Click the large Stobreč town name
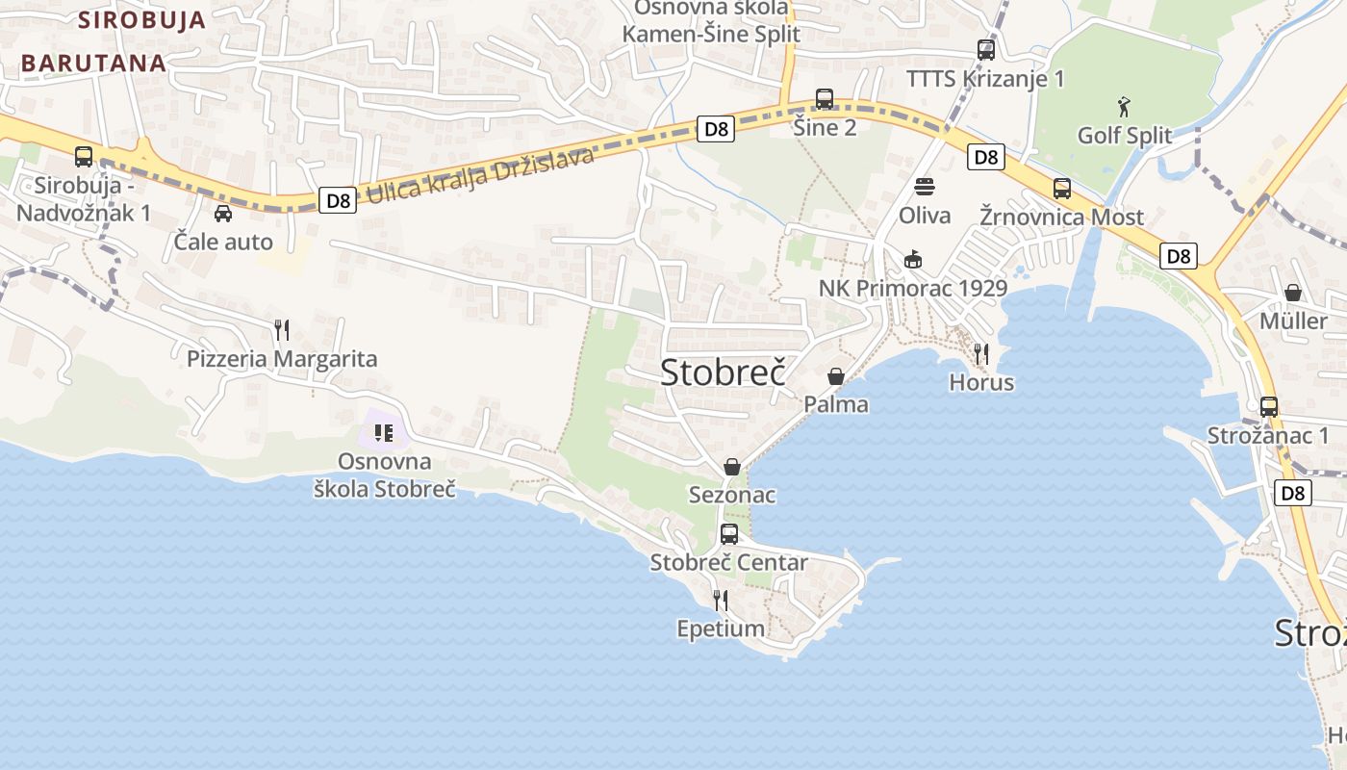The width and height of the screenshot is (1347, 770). click(723, 372)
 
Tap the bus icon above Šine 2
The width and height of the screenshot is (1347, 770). click(825, 99)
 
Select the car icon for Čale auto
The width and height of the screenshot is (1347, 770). click(223, 214)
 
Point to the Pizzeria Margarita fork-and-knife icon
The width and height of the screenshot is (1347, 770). click(282, 330)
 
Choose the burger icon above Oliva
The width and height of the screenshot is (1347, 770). click(925, 187)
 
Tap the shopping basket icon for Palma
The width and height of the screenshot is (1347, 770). click(836, 376)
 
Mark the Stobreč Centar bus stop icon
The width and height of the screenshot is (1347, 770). click(729, 534)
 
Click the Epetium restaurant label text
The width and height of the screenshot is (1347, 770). click(721, 629)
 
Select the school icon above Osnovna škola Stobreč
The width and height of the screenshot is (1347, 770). click(384, 433)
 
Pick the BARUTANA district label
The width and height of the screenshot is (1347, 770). click(92, 63)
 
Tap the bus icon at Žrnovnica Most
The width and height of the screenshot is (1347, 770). click(1062, 189)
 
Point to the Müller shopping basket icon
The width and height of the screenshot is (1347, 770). click(1293, 293)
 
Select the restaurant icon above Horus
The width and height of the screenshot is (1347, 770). click(981, 354)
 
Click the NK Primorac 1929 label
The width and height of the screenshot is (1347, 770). click(913, 288)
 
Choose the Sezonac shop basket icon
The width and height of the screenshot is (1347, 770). click(732, 467)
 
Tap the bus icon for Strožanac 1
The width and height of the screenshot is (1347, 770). click(1269, 407)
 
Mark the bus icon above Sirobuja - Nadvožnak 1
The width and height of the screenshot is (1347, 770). click(84, 157)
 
